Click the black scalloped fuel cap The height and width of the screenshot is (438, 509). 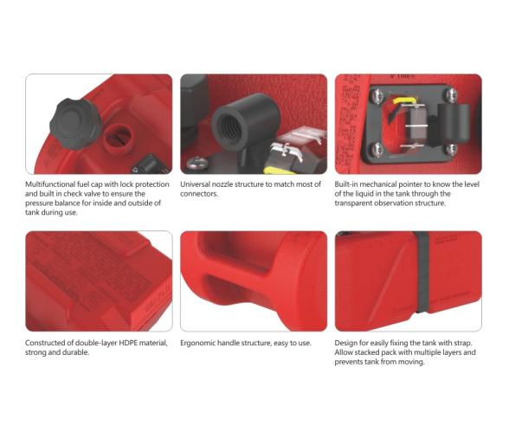pyautogui.click(x=75, y=124)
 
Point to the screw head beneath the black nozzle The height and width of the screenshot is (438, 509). pyautogui.click(x=197, y=163)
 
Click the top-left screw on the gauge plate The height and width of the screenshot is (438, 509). pyautogui.click(x=378, y=96)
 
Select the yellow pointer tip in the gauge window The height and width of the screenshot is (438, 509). pyautogui.click(x=403, y=100)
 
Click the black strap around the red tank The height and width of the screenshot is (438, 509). pyautogui.click(x=422, y=272)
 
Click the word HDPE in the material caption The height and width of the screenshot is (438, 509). pyautogui.click(x=128, y=343)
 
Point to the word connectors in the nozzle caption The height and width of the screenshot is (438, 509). pyautogui.click(x=199, y=194)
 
